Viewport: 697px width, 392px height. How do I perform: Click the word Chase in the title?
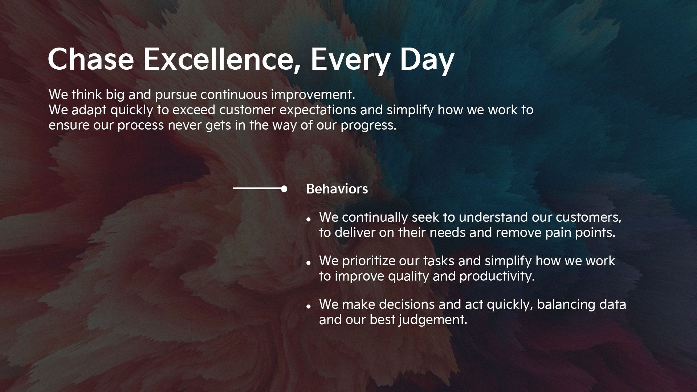point(91,59)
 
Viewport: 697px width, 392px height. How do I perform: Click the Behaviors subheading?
point(337,189)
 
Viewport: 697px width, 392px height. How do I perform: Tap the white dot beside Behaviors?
point(284,189)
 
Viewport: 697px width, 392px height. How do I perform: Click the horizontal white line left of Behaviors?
point(257,188)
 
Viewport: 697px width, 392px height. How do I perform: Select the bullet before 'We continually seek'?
point(309,220)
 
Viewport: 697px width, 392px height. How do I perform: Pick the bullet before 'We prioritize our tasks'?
point(309,263)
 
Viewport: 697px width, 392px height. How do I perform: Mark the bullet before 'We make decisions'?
point(309,307)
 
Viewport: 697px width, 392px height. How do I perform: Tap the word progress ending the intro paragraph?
point(368,126)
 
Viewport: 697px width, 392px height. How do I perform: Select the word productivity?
point(497,277)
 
